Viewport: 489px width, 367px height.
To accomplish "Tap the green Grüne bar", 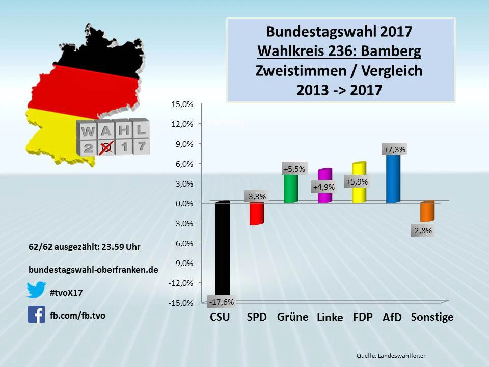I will tap(290, 189).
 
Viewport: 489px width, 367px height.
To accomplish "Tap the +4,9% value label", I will tap(324, 187).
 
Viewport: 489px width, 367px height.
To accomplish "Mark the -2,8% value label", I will tap(422, 230).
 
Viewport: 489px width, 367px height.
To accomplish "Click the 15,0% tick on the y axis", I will tap(183, 104).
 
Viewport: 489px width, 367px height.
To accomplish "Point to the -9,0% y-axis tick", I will tap(183, 263).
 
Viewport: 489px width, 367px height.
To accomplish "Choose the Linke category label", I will tap(330, 318).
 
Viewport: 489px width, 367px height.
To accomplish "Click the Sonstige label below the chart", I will tap(432, 317).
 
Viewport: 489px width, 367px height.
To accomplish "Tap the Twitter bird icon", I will tap(37, 290).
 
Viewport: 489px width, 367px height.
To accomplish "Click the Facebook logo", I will tap(37, 314).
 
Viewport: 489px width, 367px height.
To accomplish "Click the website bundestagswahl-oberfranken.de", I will tap(93, 269).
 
